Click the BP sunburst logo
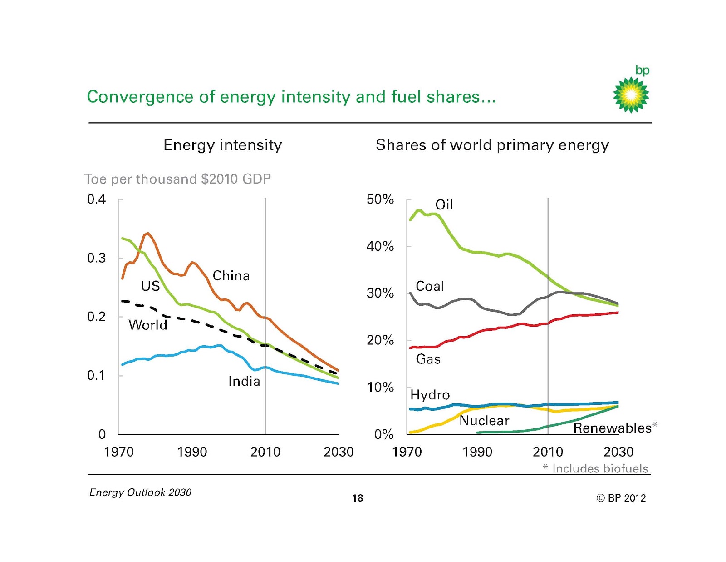(x=631, y=94)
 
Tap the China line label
(x=231, y=276)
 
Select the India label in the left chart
(x=244, y=381)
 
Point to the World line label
(x=148, y=325)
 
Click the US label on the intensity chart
(x=150, y=286)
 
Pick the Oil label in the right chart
(x=444, y=205)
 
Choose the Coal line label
(x=430, y=286)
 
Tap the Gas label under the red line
(x=428, y=359)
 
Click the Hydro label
(x=430, y=395)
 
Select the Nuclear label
(x=484, y=421)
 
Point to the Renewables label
(x=612, y=428)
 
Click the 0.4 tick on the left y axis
(x=96, y=199)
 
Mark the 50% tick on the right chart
(x=380, y=199)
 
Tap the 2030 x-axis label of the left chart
(x=338, y=452)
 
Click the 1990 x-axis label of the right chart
(x=477, y=452)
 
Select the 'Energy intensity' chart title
(x=222, y=145)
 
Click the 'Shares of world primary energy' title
(x=492, y=145)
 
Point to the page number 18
(x=358, y=498)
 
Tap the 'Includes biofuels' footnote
(x=600, y=468)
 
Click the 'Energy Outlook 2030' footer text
(x=140, y=492)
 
